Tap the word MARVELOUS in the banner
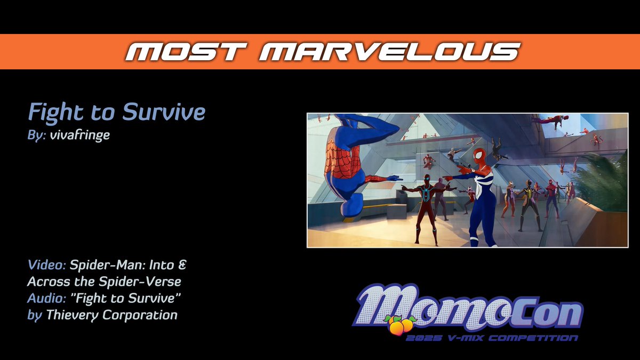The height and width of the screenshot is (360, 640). pyautogui.click(x=391, y=52)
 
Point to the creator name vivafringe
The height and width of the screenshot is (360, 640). pyautogui.click(x=79, y=135)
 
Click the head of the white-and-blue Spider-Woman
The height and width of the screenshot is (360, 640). pyautogui.click(x=480, y=156)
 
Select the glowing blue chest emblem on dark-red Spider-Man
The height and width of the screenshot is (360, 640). pyautogui.click(x=426, y=196)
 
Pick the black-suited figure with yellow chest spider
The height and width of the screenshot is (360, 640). pyautogui.click(x=527, y=200)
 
